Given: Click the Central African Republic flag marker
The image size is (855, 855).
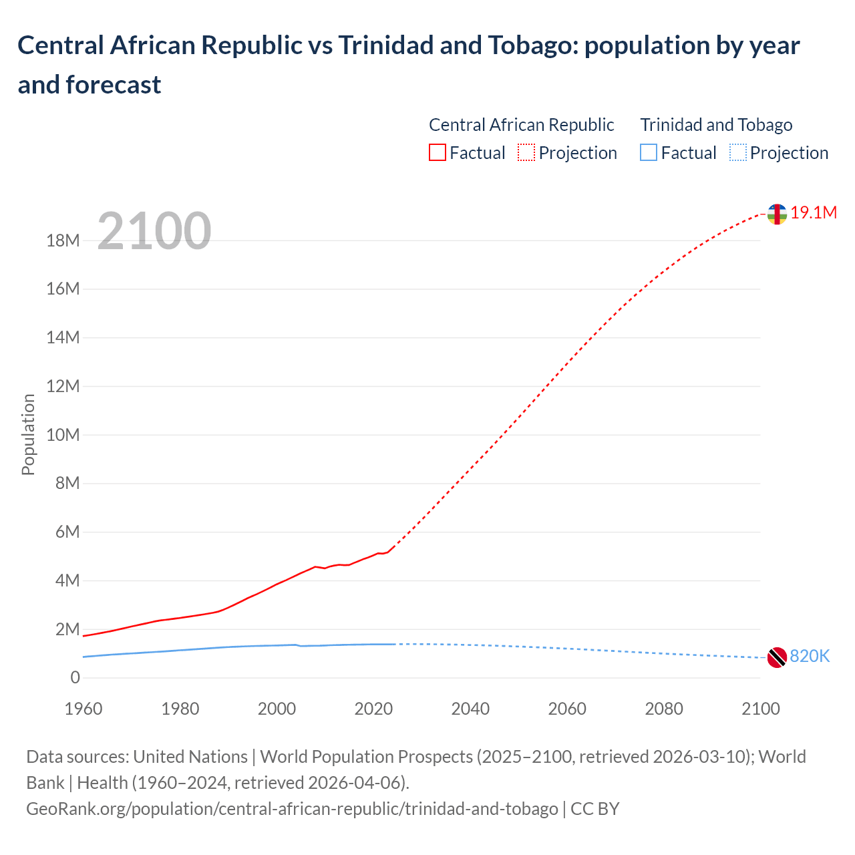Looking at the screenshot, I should (x=776, y=214).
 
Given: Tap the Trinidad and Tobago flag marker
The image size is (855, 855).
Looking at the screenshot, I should (x=776, y=657).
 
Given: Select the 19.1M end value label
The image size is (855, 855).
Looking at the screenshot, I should (x=814, y=213).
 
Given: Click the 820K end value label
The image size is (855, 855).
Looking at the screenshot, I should (x=810, y=657).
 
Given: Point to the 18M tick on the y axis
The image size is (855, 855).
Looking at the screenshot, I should (x=63, y=241).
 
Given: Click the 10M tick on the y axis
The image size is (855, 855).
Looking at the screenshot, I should (x=63, y=436).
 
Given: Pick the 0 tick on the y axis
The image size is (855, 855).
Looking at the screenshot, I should (x=75, y=678).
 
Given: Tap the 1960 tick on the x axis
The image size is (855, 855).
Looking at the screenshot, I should (x=83, y=709).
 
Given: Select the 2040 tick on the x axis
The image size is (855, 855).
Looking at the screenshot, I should (x=470, y=709).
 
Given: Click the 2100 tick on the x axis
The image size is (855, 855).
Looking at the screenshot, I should (x=760, y=709).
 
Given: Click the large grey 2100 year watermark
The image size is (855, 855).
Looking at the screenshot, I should (x=154, y=231).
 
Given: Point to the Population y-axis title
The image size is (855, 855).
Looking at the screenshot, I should (x=28, y=434).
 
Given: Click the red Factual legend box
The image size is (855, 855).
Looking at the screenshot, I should (x=437, y=153).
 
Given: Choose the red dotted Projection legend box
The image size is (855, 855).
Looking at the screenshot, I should (x=526, y=153).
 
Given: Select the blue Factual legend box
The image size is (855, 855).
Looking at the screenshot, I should (x=648, y=153).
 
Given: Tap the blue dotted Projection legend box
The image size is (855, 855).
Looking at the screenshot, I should (x=737, y=153).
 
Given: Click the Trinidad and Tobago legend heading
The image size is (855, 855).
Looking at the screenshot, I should (x=716, y=125).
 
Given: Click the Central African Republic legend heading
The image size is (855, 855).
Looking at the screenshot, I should (x=521, y=125).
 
